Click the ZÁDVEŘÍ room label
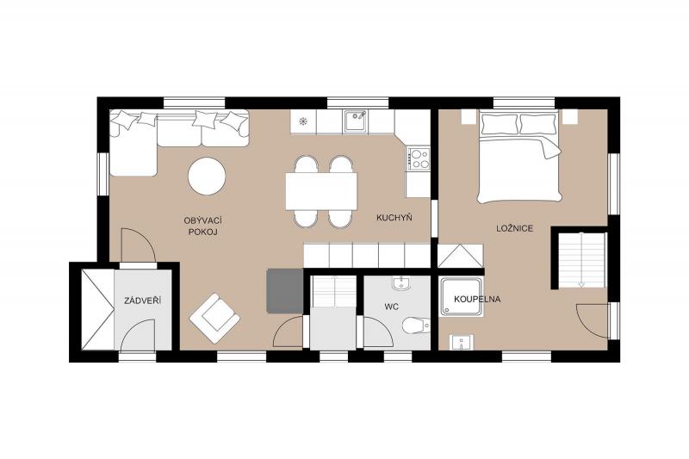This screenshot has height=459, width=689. click(142, 301)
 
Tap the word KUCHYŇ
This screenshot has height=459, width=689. click(394, 217)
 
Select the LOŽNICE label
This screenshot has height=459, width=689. click(514, 228)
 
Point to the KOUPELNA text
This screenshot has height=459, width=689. click(477, 300)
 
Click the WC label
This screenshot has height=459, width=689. click(392, 307)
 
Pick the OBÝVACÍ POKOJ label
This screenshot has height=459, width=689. click(202, 226)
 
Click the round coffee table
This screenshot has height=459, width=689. click(207, 177)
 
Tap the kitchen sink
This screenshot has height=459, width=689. click(356, 121)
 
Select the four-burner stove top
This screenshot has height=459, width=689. click(419, 158)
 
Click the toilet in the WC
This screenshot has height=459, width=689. click(416, 326)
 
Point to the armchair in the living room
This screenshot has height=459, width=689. click(214, 318)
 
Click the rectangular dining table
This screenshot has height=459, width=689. click(321, 191)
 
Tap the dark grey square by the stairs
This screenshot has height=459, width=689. click(285, 291)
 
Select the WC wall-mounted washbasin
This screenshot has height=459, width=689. click(400, 283)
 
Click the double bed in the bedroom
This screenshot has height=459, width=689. click(519, 156)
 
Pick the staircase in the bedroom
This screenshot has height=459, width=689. click(582, 260)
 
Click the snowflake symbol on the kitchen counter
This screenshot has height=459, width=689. click(303, 121)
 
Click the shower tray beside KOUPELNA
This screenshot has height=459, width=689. click(462, 297)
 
